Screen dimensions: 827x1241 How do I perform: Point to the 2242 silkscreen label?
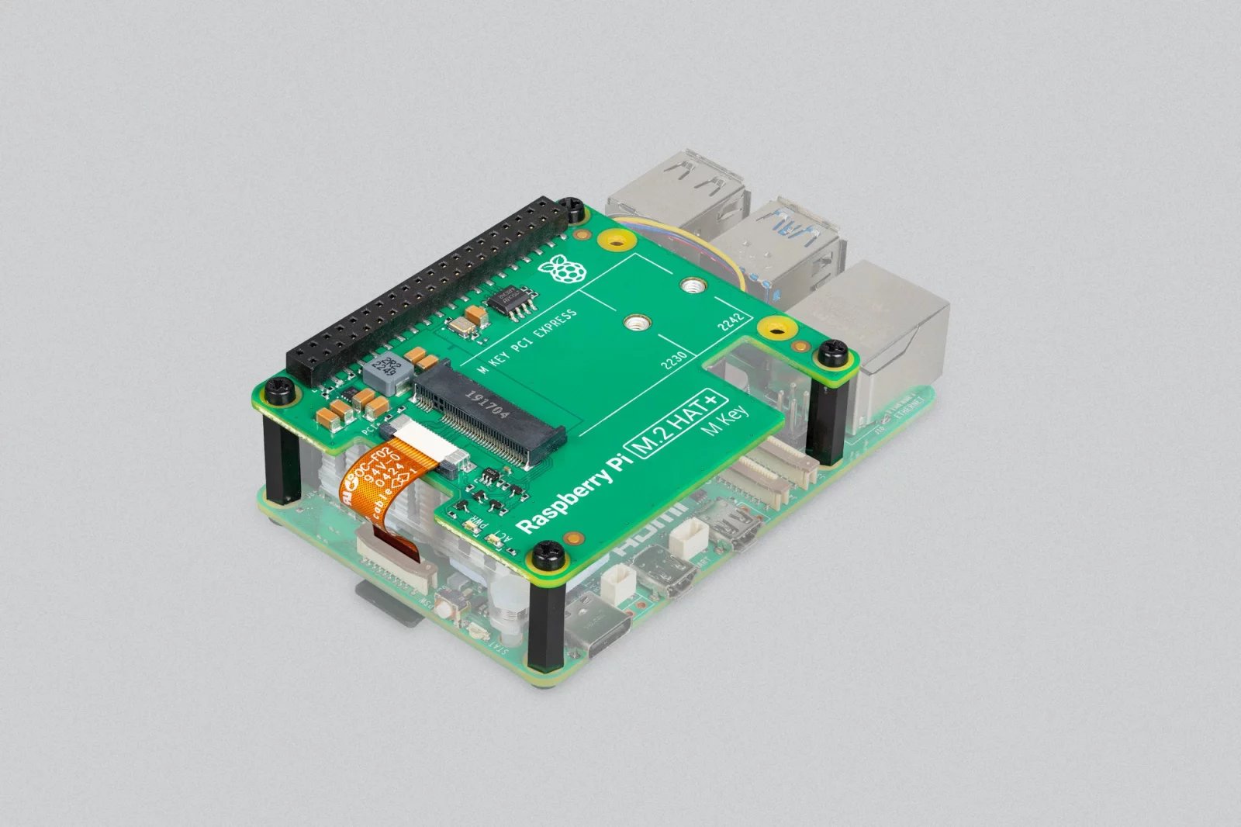pos(731,320)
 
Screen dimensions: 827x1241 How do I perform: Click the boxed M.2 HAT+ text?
pos(678,423)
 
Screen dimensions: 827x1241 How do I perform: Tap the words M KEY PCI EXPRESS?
pos(527,341)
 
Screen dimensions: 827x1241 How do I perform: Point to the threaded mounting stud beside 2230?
pos(636,320)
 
